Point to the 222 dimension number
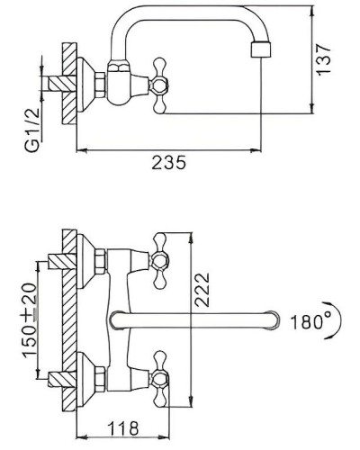(209, 291)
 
